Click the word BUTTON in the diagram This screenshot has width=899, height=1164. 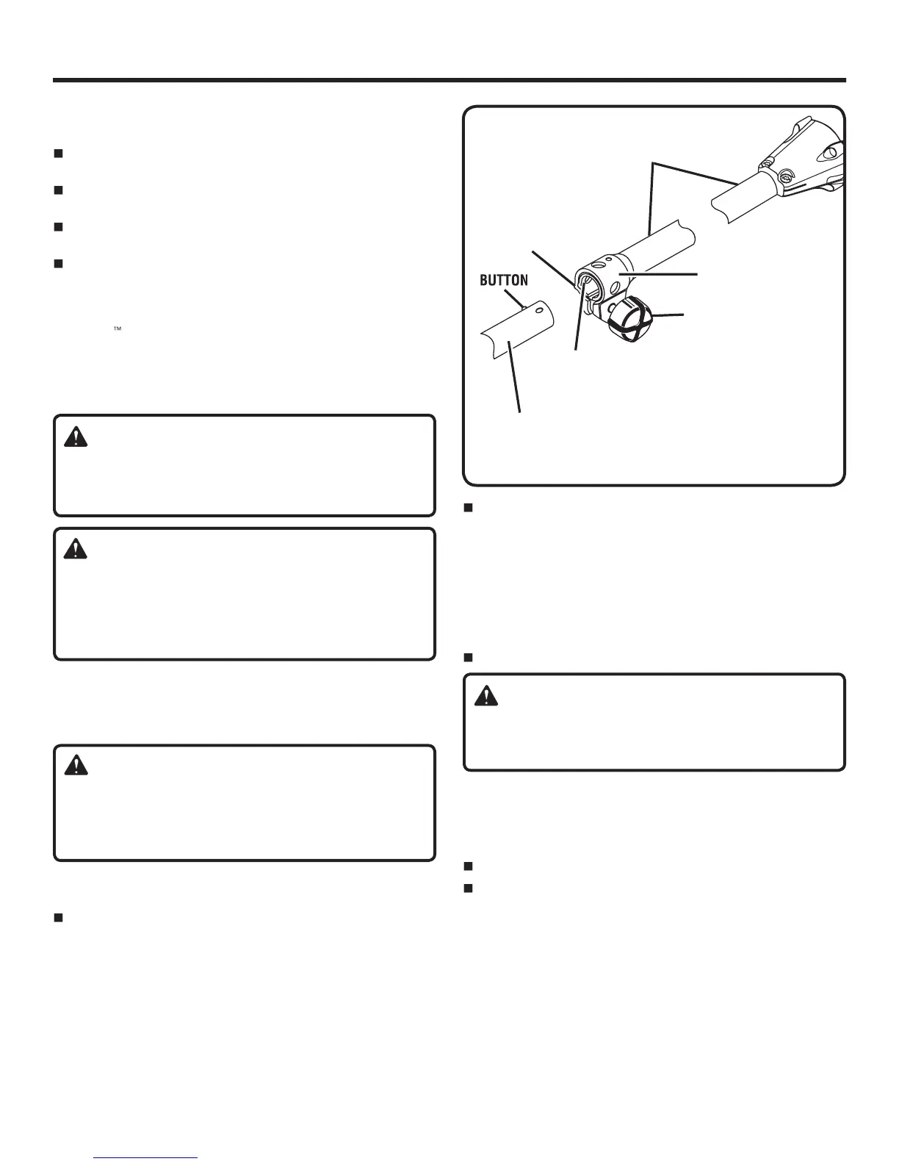pyautogui.click(x=503, y=281)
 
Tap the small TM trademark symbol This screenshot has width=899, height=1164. pyautogui.click(x=116, y=330)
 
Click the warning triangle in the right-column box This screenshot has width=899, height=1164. pyautogui.click(x=485, y=696)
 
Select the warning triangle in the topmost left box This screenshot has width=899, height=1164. pyautogui.click(x=76, y=437)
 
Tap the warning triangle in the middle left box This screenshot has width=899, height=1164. pyautogui.click(x=76, y=548)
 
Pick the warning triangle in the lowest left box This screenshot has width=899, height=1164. pyautogui.click(x=76, y=766)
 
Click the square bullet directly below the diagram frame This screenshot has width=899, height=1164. pyautogui.click(x=467, y=508)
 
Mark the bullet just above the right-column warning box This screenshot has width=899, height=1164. pyautogui.click(x=467, y=657)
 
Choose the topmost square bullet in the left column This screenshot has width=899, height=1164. pyautogui.click(x=58, y=154)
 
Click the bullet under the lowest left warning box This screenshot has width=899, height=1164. pyautogui.click(x=58, y=918)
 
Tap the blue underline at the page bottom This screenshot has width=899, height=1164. pyautogui.click(x=146, y=1158)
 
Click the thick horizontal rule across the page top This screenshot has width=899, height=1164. pyautogui.click(x=450, y=80)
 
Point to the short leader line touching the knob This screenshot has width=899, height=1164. pyautogui.click(x=670, y=316)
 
